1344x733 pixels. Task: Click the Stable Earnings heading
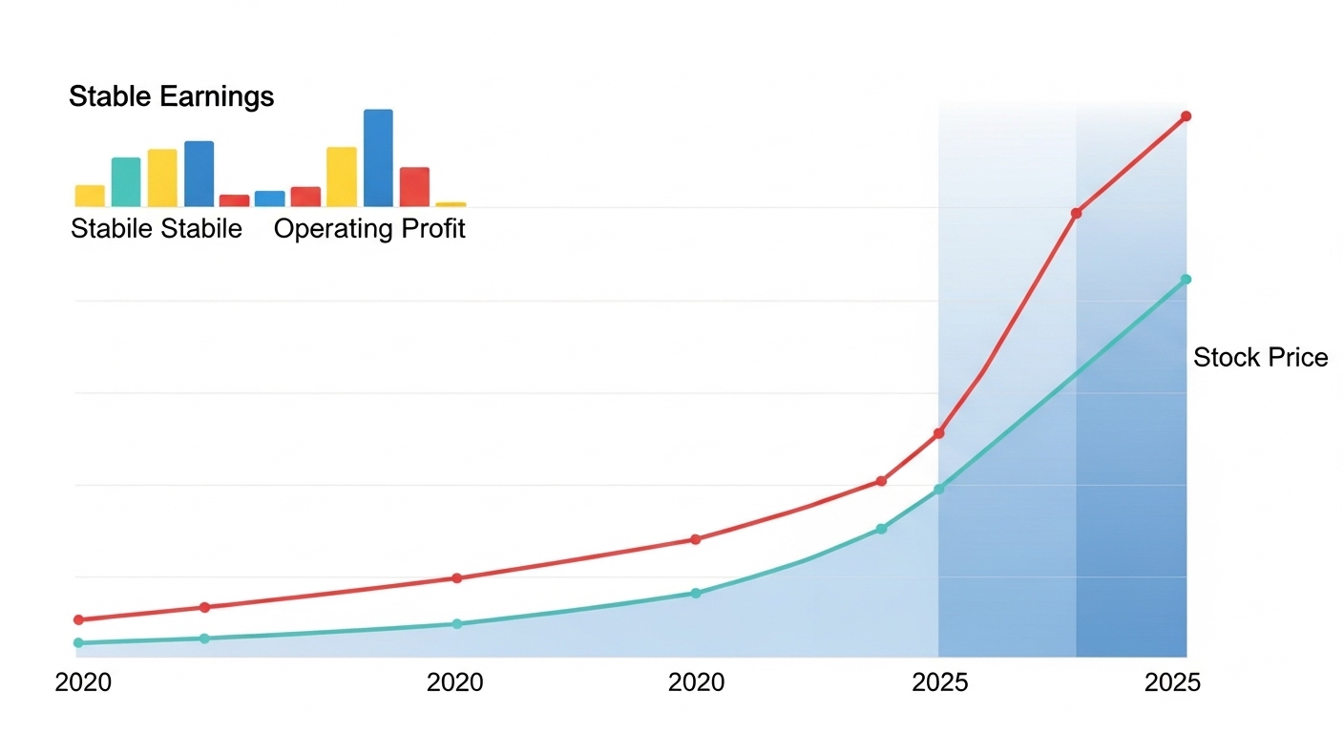point(171,96)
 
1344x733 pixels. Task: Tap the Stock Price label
point(1260,358)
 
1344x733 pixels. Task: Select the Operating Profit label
point(369,229)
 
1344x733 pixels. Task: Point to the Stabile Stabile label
point(157,229)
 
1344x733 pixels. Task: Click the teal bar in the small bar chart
point(126,182)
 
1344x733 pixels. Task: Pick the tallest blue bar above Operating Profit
point(378,157)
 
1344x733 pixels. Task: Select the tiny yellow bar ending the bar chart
point(451,204)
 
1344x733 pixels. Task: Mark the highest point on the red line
point(1186,116)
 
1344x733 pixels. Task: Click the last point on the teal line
point(1186,280)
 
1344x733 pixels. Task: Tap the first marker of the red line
point(78,619)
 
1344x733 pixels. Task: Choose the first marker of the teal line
point(78,642)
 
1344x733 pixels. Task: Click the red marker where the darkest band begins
point(1076,213)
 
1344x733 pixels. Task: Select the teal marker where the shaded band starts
point(938,489)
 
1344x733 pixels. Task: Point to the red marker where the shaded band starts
point(938,433)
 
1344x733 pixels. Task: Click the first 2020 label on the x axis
point(83,683)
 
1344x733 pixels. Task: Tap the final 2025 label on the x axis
point(1172,683)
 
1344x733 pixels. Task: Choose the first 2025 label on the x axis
point(940,683)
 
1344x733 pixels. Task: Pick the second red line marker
point(204,607)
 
